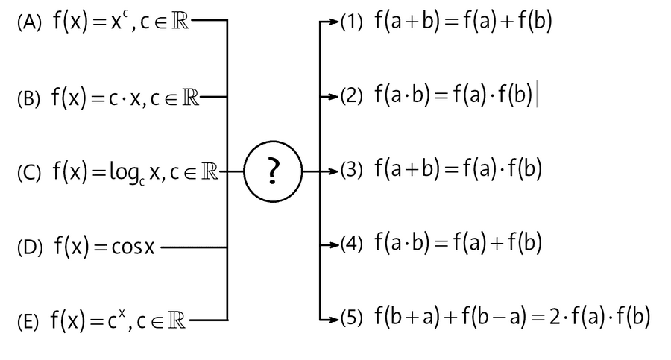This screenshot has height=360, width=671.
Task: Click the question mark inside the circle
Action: tap(273, 172)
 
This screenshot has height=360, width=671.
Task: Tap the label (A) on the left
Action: tap(29, 23)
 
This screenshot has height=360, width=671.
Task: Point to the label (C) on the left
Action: tap(29, 174)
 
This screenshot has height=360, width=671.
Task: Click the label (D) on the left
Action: tap(30, 247)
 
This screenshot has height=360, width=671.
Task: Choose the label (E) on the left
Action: tap(29, 322)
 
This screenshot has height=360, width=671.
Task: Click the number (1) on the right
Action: tap(351, 23)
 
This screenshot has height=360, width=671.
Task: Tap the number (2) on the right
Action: tap(351, 97)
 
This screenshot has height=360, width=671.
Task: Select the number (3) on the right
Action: tap(351, 171)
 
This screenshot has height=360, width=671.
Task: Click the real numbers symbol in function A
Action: tap(180, 22)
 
